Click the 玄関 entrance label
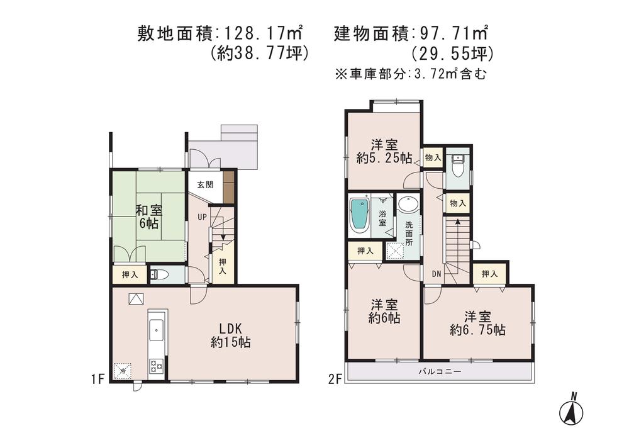(204, 184)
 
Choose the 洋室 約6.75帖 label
(477, 323)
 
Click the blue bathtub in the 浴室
(359, 215)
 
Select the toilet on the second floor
(458, 165)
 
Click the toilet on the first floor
(158, 274)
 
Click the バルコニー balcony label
(440, 372)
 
